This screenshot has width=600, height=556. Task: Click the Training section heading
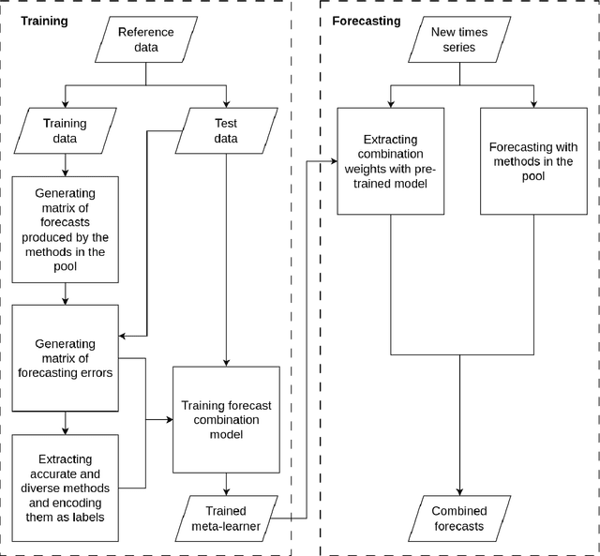point(44,19)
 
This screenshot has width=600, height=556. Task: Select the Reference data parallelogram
point(145,39)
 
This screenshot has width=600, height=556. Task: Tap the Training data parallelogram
point(66,130)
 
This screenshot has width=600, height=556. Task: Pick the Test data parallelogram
point(225,130)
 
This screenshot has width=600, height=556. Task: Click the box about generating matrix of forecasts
point(66,229)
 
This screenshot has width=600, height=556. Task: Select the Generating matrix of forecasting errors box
point(66,357)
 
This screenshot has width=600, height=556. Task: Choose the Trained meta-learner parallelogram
point(226,518)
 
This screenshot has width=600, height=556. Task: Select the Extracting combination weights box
point(389,160)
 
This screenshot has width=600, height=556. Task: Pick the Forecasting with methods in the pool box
point(533,160)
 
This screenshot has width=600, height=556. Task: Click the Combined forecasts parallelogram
point(458,518)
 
